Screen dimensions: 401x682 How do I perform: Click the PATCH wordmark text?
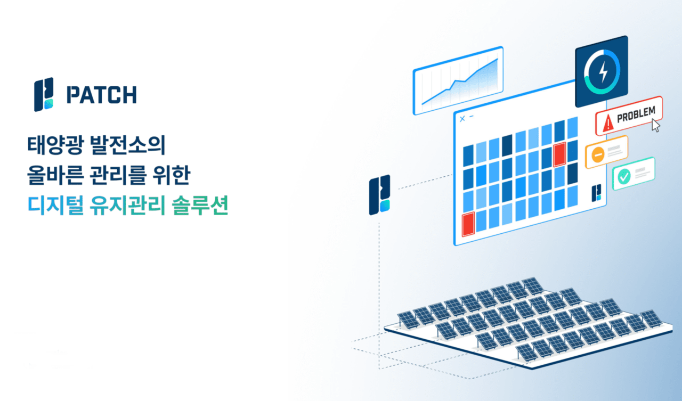[101, 95]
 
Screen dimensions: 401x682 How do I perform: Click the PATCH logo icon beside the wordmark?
[44, 95]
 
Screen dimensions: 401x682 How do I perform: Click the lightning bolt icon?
[602, 72]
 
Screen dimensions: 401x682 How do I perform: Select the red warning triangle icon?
[607, 125]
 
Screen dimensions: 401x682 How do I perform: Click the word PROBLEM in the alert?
[636, 116]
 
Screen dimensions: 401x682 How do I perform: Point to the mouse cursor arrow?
[656, 126]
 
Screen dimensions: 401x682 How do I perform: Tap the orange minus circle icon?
[597, 155]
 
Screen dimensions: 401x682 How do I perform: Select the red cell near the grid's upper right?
[559, 155]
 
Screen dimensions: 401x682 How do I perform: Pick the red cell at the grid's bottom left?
[468, 224]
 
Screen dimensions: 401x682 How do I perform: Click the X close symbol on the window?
[462, 118]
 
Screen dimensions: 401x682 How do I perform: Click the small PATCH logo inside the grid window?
[598, 193]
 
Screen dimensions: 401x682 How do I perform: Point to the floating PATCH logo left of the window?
[379, 195]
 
